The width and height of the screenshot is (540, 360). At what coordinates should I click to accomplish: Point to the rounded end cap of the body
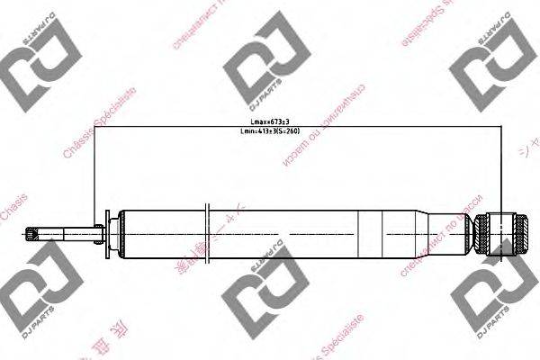(x=119, y=236)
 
